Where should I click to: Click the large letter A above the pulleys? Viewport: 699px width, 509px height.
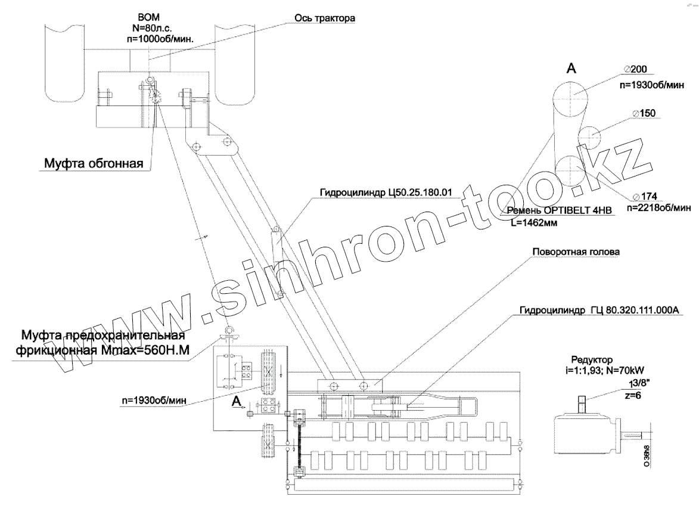570,69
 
